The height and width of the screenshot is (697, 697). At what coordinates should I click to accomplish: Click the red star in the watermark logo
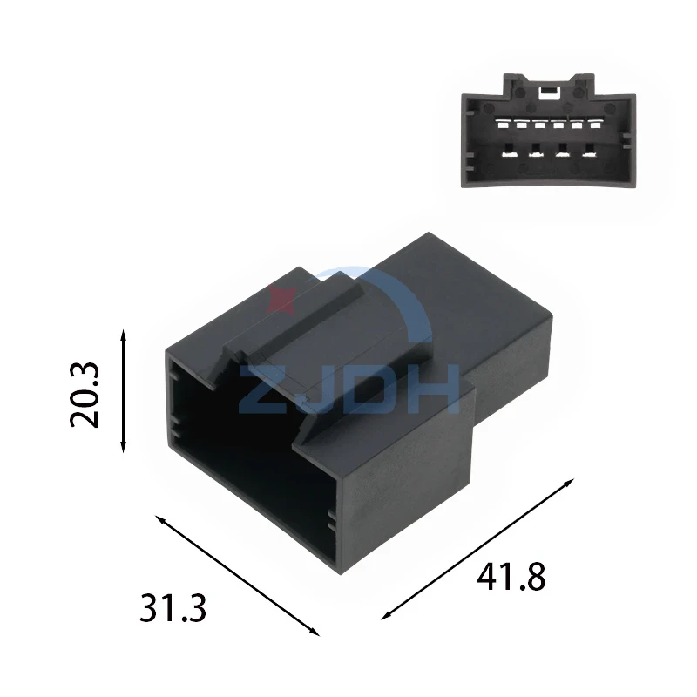(x=281, y=296)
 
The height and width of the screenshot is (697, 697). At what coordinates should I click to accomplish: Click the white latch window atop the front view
(x=549, y=88)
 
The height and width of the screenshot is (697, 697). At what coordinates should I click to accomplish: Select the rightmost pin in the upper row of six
(x=597, y=125)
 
